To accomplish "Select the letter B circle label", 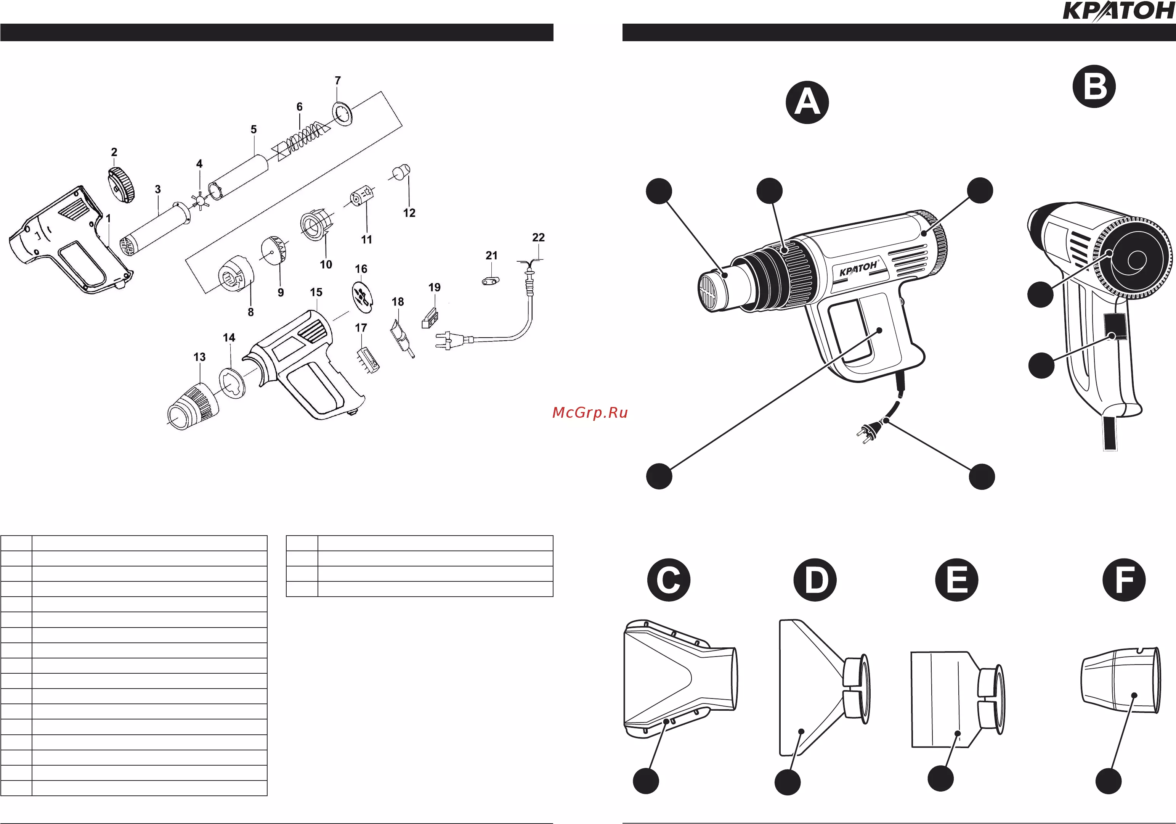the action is click(1094, 86).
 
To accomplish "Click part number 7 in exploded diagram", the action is click(337, 80).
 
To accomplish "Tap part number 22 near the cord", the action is click(538, 237).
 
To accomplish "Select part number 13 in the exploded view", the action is click(199, 357).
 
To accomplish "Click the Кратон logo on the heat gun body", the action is click(858, 268).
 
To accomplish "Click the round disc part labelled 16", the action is click(362, 296).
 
